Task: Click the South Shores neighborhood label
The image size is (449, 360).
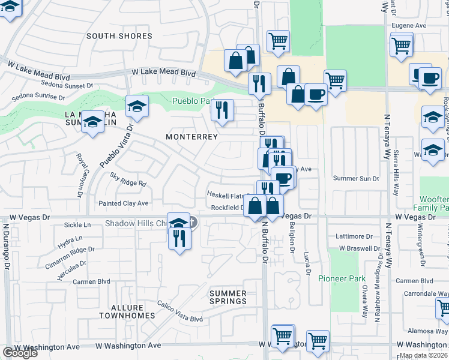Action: [x=119, y=36]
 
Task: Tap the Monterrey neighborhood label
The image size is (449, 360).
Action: [x=191, y=137]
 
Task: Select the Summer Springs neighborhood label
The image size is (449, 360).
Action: [x=228, y=297]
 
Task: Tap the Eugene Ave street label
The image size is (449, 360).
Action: [x=409, y=26]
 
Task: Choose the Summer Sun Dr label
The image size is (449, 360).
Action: [x=357, y=178]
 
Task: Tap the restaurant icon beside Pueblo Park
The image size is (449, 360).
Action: [x=223, y=110]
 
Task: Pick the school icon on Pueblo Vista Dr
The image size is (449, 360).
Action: [x=137, y=106]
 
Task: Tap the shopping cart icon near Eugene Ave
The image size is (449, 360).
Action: [x=401, y=45]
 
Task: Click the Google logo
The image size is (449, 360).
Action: [x=19, y=353]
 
